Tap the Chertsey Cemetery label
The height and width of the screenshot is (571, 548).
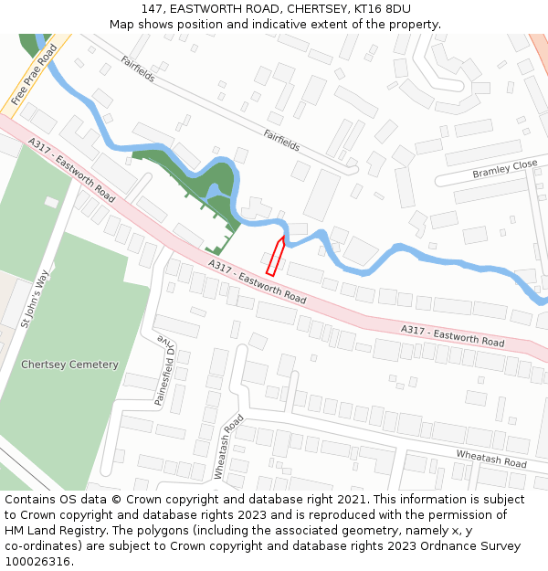[69, 365]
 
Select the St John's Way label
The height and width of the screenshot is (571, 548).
[34, 298]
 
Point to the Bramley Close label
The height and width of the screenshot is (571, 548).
[505, 169]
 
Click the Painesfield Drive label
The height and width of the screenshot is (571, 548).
[163, 370]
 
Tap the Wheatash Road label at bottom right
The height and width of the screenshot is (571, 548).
[491, 459]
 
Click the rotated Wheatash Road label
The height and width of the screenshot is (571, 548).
[228, 447]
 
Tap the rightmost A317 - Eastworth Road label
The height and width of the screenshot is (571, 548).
[452, 335]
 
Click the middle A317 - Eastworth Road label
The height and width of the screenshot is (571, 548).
[257, 281]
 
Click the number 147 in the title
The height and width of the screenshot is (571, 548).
[152, 9]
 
